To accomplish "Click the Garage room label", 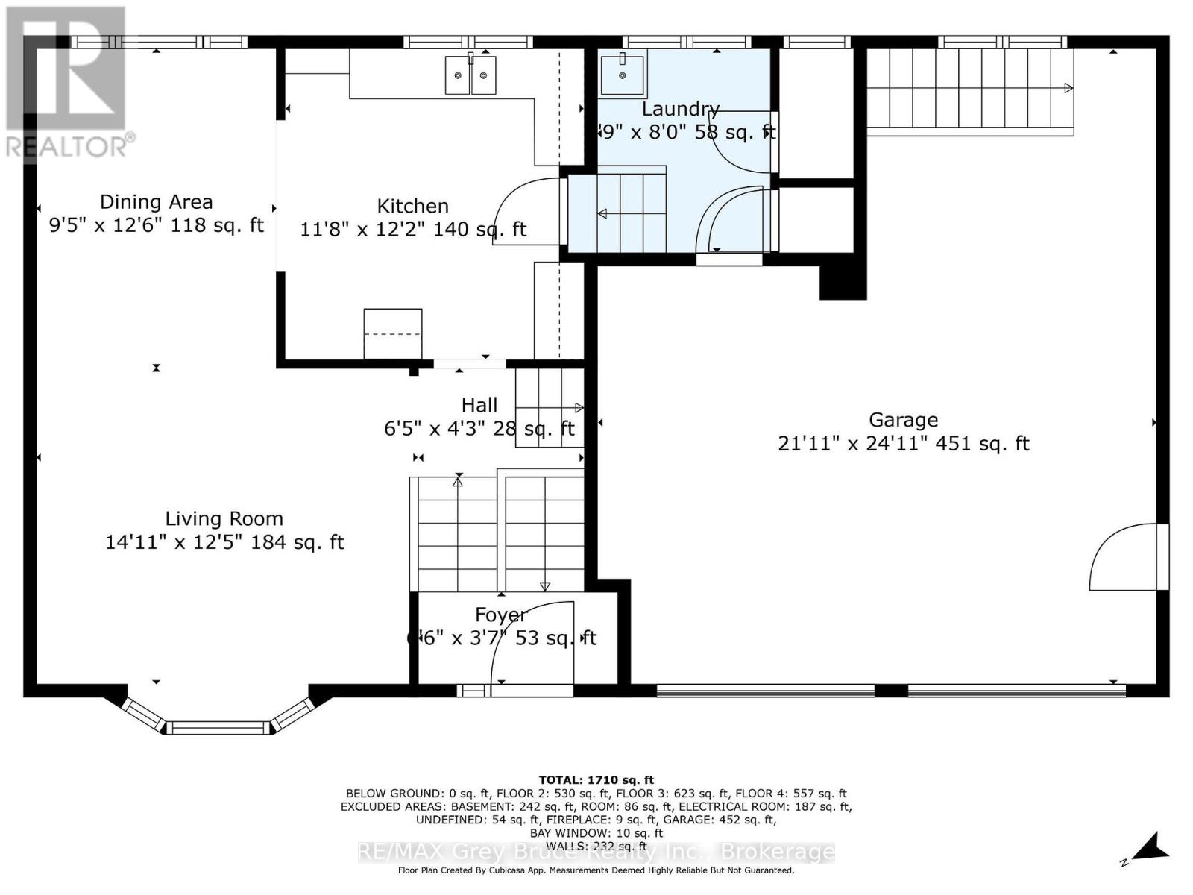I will coord(903,420).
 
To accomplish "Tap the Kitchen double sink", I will coord(470,75).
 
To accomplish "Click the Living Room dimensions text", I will coord(224,542).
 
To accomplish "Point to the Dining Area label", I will coord(156,202).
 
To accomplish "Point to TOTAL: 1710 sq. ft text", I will coord(596,780).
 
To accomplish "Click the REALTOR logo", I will coord(67,82).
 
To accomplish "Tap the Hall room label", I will coord(479,405).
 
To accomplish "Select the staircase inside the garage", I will coord(969,88).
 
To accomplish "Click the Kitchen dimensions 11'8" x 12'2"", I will coord(412,229).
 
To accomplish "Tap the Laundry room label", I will coord(680,109).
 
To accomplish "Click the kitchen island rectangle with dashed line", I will coord(392,334).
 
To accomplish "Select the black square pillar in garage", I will coord(843,282).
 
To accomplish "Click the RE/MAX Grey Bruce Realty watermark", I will coord(596,852).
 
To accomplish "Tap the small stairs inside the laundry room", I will coord(617,213).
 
